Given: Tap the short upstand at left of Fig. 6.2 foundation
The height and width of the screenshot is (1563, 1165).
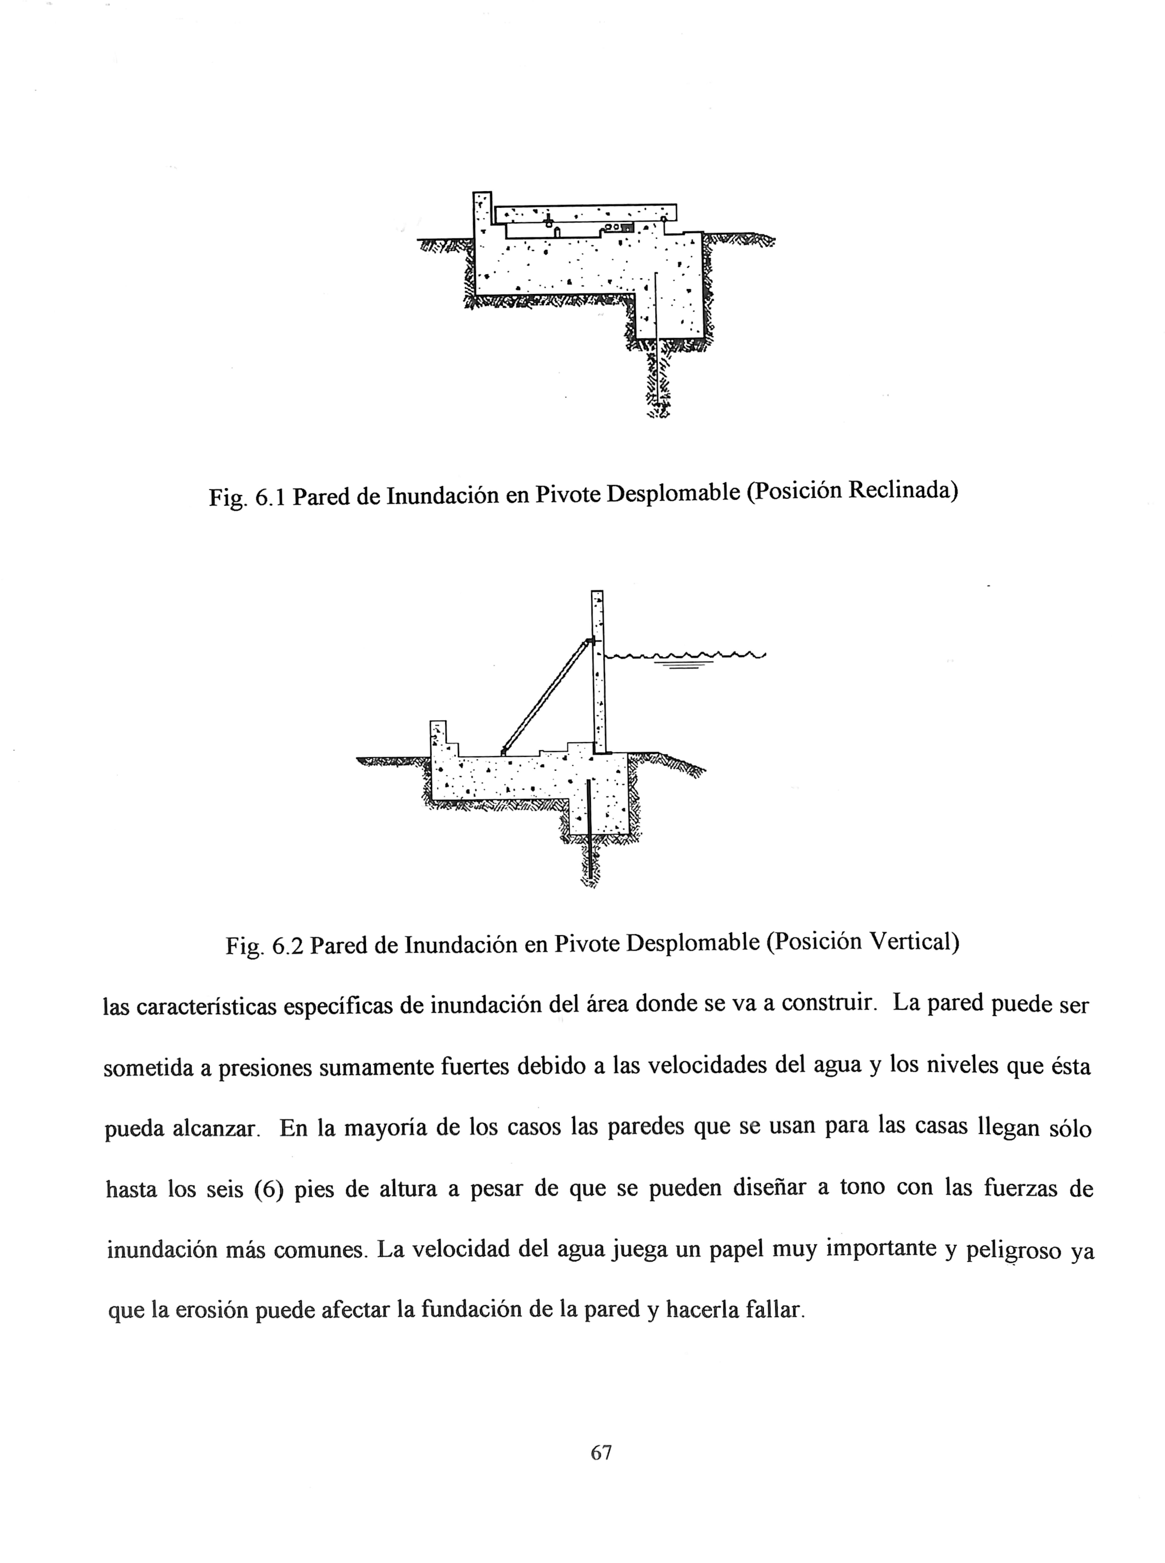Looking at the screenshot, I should tap(438, 734).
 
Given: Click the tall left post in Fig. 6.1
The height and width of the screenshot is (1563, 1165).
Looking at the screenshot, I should tap(482, 212).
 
